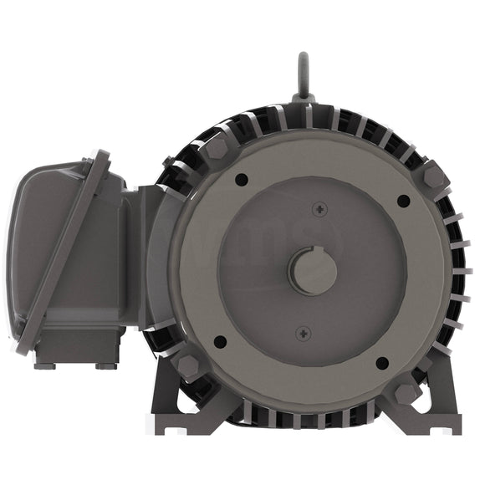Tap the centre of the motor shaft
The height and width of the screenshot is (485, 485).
point(312,270)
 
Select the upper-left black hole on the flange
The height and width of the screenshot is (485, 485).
point(241,179)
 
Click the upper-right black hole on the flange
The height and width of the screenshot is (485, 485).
point(402,201)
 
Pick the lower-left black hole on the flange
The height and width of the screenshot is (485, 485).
point(220,341)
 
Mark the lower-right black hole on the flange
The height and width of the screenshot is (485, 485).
point(381,362)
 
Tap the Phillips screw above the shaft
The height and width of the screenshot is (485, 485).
point(320,209)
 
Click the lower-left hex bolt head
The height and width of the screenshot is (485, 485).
point(187,365)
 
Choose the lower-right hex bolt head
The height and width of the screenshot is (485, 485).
point(406,393)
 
